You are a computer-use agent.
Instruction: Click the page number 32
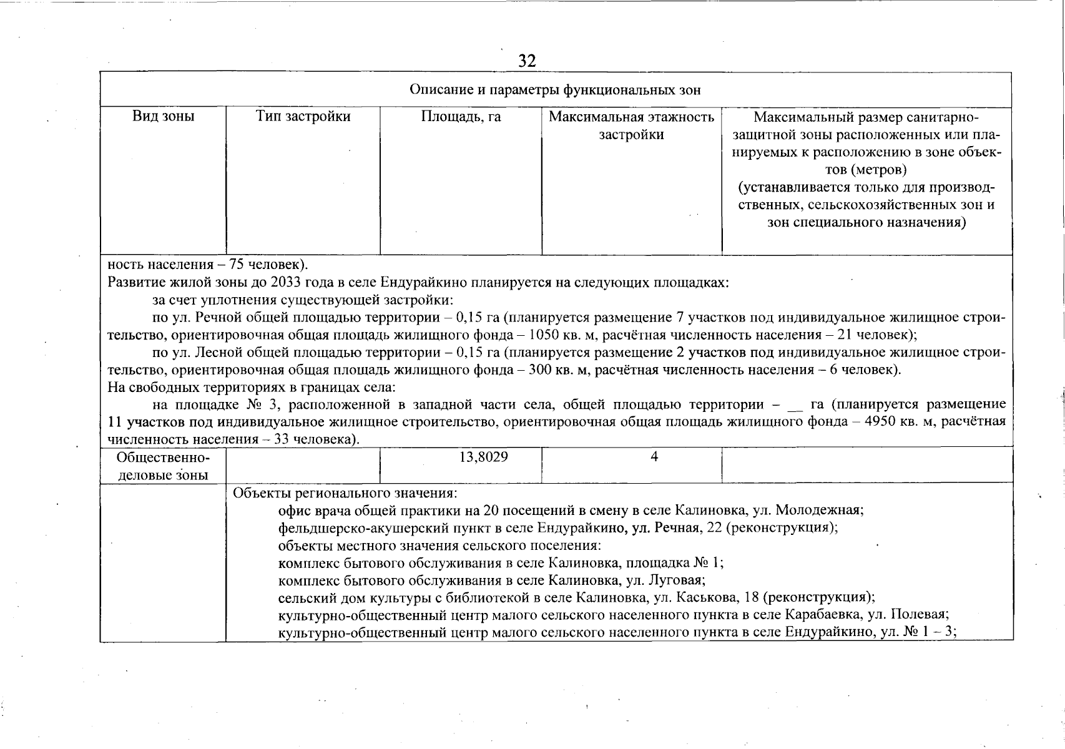pyautogui.click(x=527, y=61)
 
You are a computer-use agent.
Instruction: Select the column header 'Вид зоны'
pyautogui.click(x=163, y=117)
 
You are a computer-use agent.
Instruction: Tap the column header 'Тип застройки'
pyautogui.click(x=303, y=117)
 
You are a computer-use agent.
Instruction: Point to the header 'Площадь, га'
pyautogui.click(x=461, y=117)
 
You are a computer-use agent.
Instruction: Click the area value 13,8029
pyautogui.click(x=484, y=457)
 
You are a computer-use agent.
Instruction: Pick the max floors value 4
pyautogui.click(x=654, y=457)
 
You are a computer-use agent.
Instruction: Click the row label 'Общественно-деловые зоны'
pyautogui.click(x=163, y=466)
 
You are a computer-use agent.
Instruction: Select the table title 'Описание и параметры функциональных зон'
pyautogui.click(x=555, y=90)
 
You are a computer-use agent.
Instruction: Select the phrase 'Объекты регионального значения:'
pyautogui.click(x=345, y=493)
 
